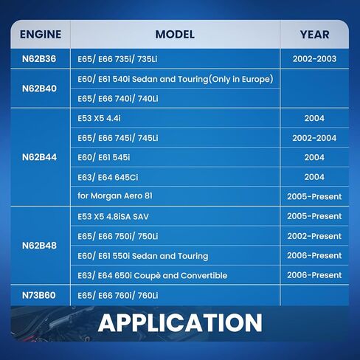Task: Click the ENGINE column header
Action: click(x=41, y=35)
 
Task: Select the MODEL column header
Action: click(x=175, y=35)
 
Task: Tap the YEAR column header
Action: click(x=315, y=35)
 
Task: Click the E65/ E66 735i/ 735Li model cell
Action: click(x=117, y=59)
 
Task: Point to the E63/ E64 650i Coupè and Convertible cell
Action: click(x=152, y=275)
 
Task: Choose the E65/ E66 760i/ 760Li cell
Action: click(x=117, y=295)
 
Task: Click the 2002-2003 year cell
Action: click(x=315, y=59)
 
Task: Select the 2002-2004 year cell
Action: click(x=315, y=138)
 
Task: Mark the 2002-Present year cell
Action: click(x=315, y=236)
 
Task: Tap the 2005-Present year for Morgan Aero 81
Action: click(x=315, y=196)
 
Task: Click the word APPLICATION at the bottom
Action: click(x=180, y=322)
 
